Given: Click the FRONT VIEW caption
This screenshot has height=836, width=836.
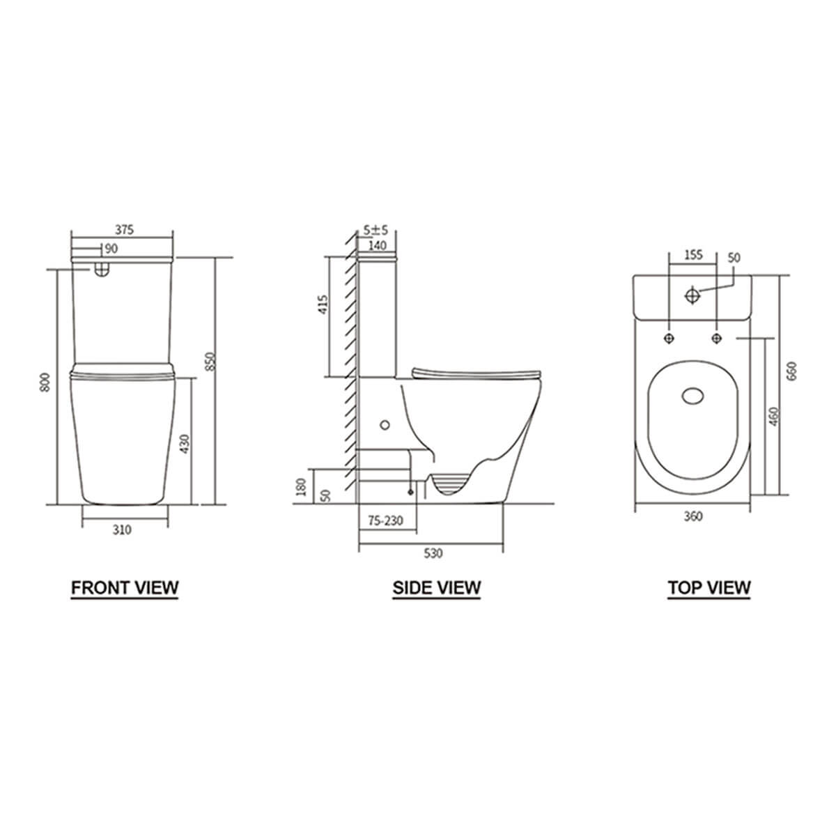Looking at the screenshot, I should tap(125, 587).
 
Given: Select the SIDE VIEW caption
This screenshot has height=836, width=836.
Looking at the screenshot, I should tap(436, 587).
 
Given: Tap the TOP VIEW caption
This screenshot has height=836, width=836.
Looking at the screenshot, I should tap(709, 587).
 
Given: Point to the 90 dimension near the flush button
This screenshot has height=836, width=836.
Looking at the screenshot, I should tap(110, 249).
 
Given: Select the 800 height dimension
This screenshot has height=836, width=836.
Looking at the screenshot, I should tap(46, 382).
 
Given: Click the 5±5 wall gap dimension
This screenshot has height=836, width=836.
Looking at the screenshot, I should tap(376, 230).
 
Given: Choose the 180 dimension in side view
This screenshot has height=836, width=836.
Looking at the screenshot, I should tap(301, 485).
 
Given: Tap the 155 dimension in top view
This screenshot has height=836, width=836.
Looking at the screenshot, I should tap(692, 254).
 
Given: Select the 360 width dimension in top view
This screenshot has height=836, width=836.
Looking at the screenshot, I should tap(693, 516).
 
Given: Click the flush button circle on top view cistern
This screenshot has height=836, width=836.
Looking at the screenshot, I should tap(692, 295).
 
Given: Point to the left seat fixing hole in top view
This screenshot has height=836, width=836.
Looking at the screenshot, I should tap(669, 338).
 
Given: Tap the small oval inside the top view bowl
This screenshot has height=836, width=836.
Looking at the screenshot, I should tap(692, 396).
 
